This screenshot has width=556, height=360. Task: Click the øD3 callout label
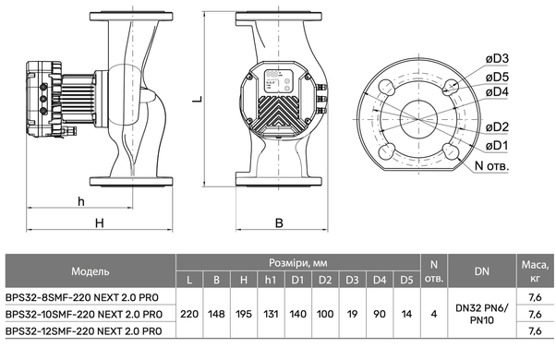pyautogui.click(x=497, y=59)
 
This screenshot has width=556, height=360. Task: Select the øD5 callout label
pyautogui.click(x=497, y=77)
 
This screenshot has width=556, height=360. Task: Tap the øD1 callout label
pyautogui.click(x=497, y=145)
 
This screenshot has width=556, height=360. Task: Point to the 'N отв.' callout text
pyautogui.click(x=491, y=165)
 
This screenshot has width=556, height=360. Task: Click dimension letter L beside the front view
pyautogui.click(x=197, y=98)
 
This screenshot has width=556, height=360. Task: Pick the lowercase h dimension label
pyautogui.click(x=81, y=201)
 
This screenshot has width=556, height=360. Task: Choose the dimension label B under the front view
pyautogui.click(x=279, y=222)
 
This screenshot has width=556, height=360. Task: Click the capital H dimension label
pyautogui.click(x=100, y=222)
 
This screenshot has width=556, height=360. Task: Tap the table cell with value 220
pyautogui.click(x=189, y=314)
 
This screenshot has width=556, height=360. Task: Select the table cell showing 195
pyautogui.click(x=244, y=314)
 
